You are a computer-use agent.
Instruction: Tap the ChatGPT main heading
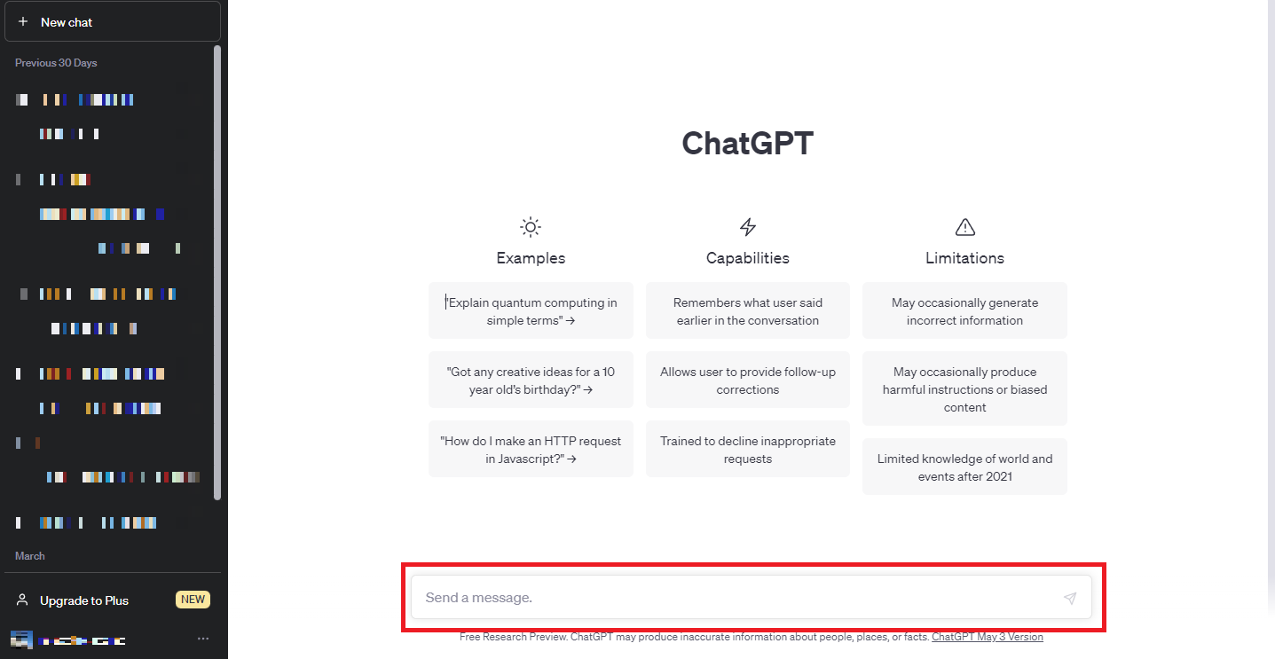(747, 143)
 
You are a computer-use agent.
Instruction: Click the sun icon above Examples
(531, 227)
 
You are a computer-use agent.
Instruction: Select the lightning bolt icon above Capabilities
(748, 227)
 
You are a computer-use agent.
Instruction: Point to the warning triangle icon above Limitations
(964, 227)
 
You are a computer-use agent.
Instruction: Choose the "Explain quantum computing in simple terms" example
(531, 310)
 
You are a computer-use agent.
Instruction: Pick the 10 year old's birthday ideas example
(531, 380)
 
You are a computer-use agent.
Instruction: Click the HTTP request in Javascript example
(531, 449)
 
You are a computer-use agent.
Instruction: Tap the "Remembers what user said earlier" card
(748, 310)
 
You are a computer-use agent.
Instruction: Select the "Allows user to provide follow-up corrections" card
(748, 380)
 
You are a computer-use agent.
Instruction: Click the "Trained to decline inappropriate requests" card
(748, 449)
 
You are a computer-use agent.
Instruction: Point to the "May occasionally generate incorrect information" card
(964, 310)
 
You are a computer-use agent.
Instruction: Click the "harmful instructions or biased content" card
(964, 388)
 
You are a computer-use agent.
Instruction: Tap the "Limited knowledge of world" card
(964, 467)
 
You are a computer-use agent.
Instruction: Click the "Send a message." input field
(736, 598)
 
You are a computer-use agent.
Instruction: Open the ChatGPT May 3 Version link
(987, 637)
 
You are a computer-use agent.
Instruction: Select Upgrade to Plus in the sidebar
(84, 600)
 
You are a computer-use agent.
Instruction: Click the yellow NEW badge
(193, 600)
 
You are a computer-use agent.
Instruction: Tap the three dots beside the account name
(203, 639)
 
